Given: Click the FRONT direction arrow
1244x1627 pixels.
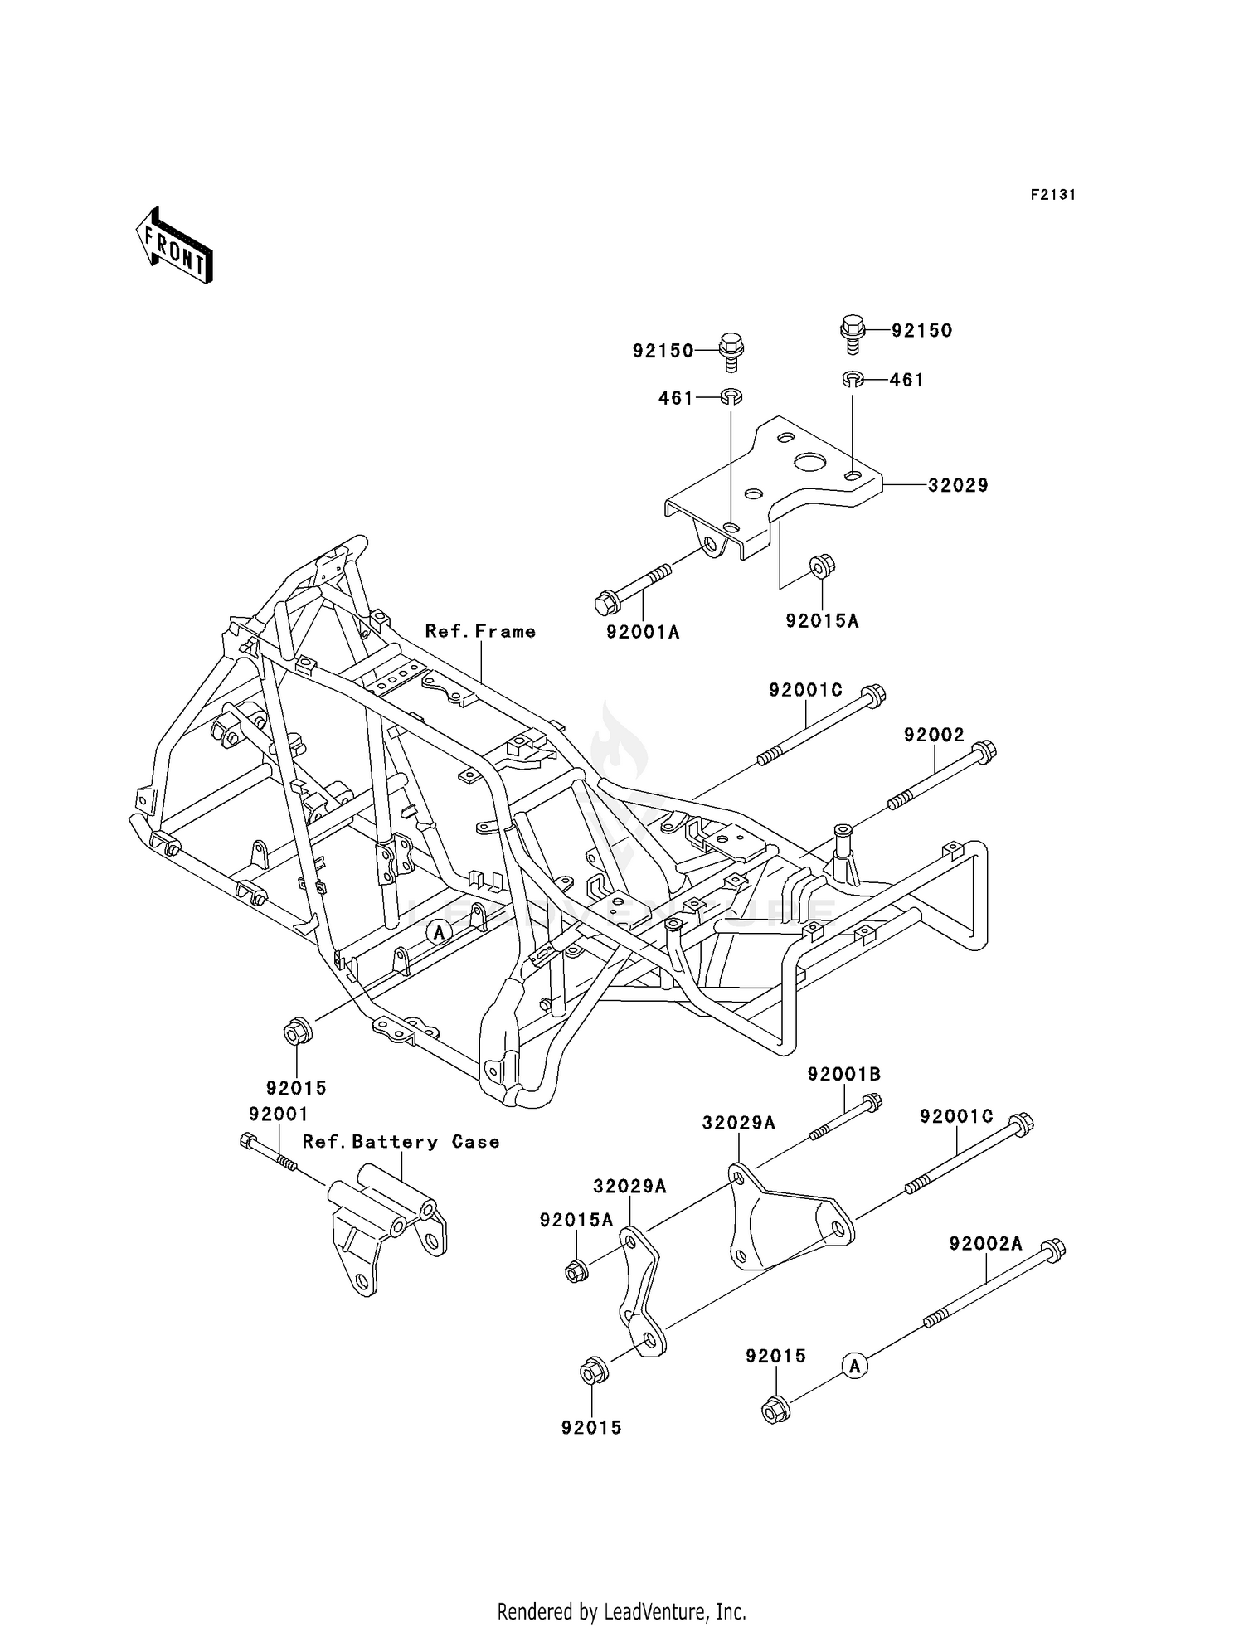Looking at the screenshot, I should coord(174,247).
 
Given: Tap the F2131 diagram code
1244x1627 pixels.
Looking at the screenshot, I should coord(1052,195).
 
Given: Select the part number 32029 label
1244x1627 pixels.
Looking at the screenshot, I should coord(958,485).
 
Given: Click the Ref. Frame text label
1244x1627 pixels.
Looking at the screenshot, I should coord(480,631).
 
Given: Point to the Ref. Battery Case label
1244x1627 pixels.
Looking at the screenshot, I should coord(401,1142).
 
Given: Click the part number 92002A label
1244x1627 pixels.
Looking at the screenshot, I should coord(985,1244).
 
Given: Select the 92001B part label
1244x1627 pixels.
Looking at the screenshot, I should coord(844,1074).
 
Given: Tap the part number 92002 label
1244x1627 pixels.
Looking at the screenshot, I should coord(934,735).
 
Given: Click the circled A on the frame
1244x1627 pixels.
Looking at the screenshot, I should coord(440,933).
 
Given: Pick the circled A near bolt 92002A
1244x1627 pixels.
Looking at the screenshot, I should coord(855,1365).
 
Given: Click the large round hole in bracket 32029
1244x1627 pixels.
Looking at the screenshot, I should coord(807,459).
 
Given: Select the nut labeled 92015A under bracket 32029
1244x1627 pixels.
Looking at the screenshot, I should coord(822,567).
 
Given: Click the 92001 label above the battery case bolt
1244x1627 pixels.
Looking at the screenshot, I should coord(279,1114).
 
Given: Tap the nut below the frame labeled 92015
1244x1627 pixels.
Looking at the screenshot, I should coord(297,1033).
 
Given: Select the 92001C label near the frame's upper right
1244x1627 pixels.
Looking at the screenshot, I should coord(805,689).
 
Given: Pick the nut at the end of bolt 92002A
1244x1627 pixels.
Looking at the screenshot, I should coord(775,1410).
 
